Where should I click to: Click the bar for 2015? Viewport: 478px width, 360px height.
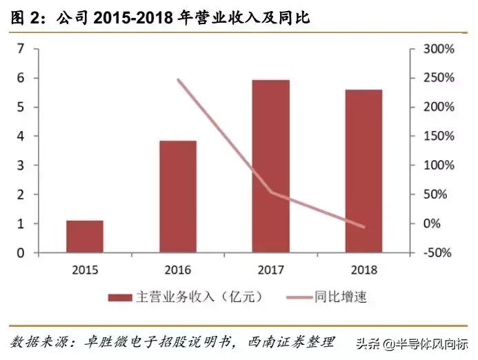(x=85, y=237)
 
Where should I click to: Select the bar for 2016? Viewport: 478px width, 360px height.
(x=177, y=197)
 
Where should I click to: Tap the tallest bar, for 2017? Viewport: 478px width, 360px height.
(x=270, y=166)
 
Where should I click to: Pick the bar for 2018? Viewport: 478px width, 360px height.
(x=364, y=171)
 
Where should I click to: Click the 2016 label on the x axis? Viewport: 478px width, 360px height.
(x=177, y=270)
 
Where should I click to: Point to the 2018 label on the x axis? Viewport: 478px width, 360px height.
(x=364, y=270)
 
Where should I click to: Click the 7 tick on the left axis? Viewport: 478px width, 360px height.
(x=21, y=49)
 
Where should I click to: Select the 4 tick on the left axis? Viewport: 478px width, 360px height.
(x=21, y=137)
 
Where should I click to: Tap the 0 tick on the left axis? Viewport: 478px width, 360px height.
(x=21, y=253)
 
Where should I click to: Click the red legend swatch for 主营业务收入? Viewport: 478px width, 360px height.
(x=120, y=297)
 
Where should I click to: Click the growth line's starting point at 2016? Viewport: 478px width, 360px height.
(x=178, y=80)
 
